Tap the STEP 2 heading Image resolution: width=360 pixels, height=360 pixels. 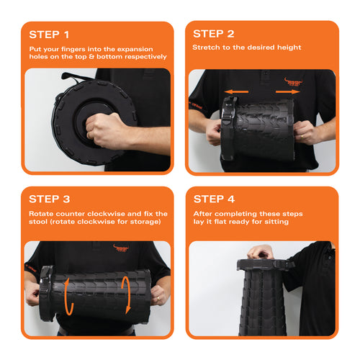214,34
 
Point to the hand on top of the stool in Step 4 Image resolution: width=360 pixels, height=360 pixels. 261,252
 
